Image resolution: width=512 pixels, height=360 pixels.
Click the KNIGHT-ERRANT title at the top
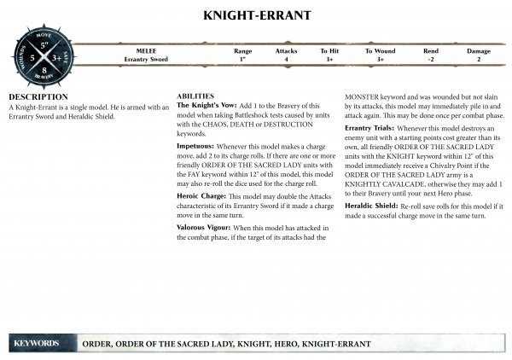(x=256, y=15)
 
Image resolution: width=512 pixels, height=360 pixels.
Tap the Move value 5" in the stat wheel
(x=46, y=43)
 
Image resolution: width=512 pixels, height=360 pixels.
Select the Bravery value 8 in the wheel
(x=46, y=72)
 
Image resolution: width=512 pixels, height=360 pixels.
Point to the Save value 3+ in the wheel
(x=59, y=57)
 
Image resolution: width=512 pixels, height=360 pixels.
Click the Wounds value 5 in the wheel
(x=32, y=57)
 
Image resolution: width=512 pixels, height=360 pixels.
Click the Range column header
(x=242, y=51)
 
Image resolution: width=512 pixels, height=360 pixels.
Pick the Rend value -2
(x=431, y=60)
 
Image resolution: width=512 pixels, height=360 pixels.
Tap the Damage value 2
(x=479, y=60)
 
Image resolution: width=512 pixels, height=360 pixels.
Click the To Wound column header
(x=380, y=51)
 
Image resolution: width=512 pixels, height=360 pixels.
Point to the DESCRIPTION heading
(x=38, y=97)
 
